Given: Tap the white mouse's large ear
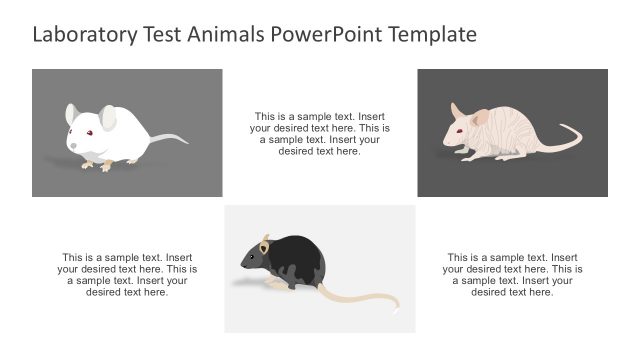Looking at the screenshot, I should (x=107, y=119).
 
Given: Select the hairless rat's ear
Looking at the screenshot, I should (x=480, y=117).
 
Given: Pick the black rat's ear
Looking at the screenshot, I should (x=265, y=245).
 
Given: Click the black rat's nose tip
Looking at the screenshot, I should (x=242, y=266).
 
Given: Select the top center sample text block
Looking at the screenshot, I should (x=320, y=133).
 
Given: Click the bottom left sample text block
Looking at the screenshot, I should (x=127, y=274).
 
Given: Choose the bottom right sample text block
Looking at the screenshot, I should (x=512, y=274).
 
